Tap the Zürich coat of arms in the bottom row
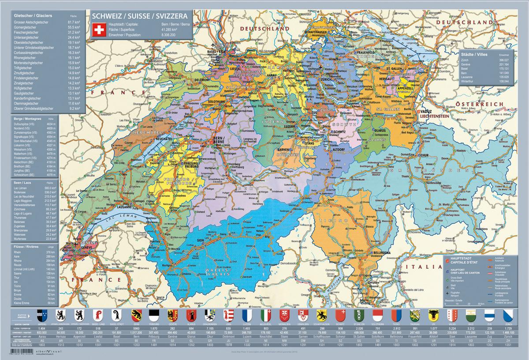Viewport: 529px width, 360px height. pos(508,315)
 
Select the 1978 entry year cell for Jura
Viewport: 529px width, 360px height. pos(228,345)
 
